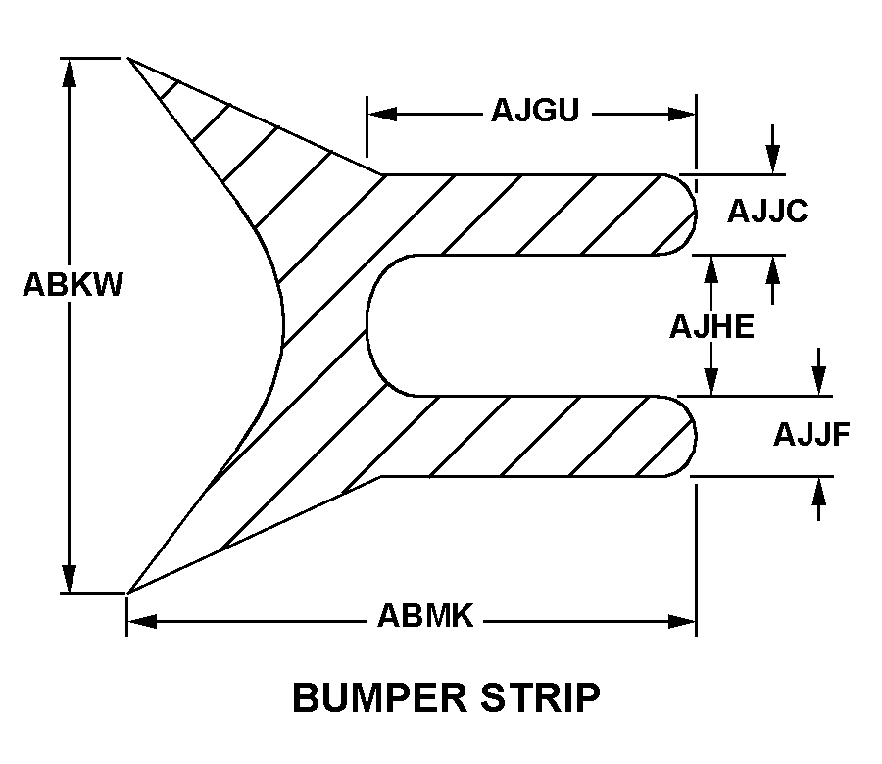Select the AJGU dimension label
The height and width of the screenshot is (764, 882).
(x=535, y=111)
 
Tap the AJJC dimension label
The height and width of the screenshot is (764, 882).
(x=767, y=211)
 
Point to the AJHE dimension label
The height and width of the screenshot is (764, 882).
(x=711, y=326)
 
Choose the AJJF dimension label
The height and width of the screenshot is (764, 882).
(x=811, y=433)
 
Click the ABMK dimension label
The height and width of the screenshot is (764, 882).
(x=425, y=616)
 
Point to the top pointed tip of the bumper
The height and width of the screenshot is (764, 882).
(x=129, y=59)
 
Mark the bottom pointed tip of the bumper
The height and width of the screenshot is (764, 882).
(x=128, y=592)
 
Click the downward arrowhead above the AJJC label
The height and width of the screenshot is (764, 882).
(x=773, y=161)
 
